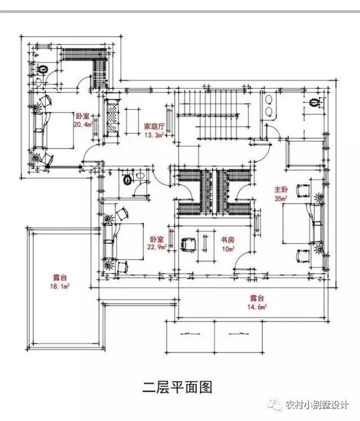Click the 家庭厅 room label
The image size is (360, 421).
(153, 127)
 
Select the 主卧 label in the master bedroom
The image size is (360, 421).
(281, 190)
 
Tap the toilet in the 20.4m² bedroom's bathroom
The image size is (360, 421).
(43, 70)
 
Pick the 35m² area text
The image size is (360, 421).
(281, 198)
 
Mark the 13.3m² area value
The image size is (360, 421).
(153, 135)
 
